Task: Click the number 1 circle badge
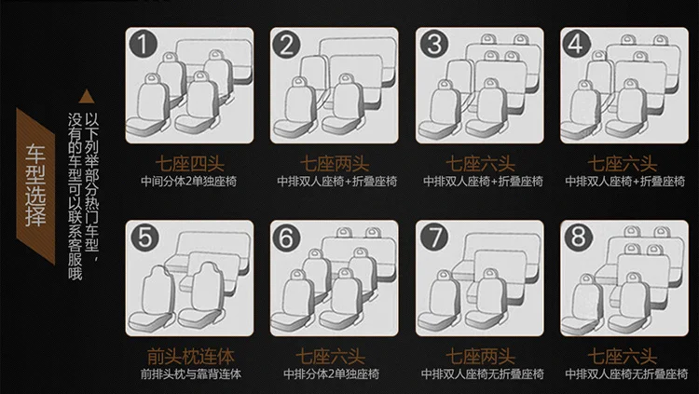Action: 143,44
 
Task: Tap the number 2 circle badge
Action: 287,44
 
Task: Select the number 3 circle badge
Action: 433,44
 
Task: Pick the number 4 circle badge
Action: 576,44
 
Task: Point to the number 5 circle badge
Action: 144,237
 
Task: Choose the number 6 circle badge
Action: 286,237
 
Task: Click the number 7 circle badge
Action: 433,237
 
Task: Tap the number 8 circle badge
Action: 578,237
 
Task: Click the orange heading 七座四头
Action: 189,164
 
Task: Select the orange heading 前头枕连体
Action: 190,357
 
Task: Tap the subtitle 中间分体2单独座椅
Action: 189,182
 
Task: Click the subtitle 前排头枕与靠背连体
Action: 191,374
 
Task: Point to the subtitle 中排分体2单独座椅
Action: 332,374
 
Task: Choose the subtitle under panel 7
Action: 483,374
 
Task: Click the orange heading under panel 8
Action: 623,357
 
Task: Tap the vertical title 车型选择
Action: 35,185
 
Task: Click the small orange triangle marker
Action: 87,96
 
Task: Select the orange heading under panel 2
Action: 335,164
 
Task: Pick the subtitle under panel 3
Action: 483,182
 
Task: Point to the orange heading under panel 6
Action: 330,357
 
